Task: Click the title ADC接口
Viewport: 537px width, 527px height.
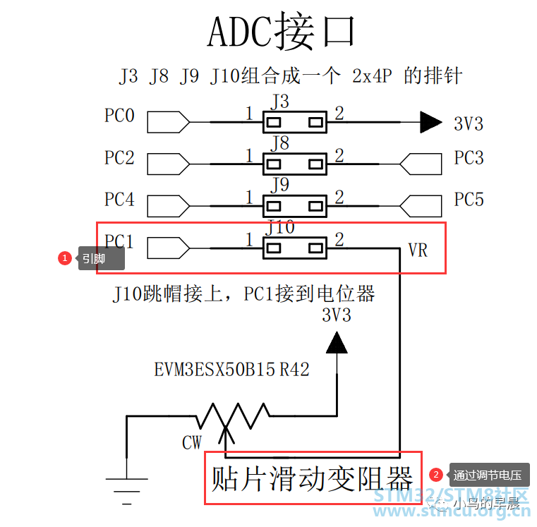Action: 281,32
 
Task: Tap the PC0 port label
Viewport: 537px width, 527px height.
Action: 119,116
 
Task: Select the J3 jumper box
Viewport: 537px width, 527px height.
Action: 294,122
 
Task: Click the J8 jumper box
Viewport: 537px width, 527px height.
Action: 294,164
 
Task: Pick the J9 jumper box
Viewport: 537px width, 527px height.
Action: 294,206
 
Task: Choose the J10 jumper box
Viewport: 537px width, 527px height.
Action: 294,248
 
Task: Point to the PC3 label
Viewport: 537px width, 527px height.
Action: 469,157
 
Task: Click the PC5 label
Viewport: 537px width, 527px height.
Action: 469,199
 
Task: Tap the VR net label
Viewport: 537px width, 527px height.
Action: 418,250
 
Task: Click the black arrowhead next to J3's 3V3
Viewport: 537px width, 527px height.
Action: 431,122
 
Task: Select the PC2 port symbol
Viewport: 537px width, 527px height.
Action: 168,164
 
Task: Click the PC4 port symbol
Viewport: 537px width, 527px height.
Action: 168,206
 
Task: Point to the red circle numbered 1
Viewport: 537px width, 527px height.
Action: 65,258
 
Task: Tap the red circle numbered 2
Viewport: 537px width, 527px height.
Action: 436,475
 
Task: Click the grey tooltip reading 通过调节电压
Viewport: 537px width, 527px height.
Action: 489,475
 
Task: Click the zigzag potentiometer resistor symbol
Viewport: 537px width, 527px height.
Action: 233,416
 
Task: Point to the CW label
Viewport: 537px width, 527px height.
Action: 192,442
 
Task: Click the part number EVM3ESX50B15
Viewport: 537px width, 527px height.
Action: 215,370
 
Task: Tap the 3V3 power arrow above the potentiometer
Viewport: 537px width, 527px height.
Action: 337,342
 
